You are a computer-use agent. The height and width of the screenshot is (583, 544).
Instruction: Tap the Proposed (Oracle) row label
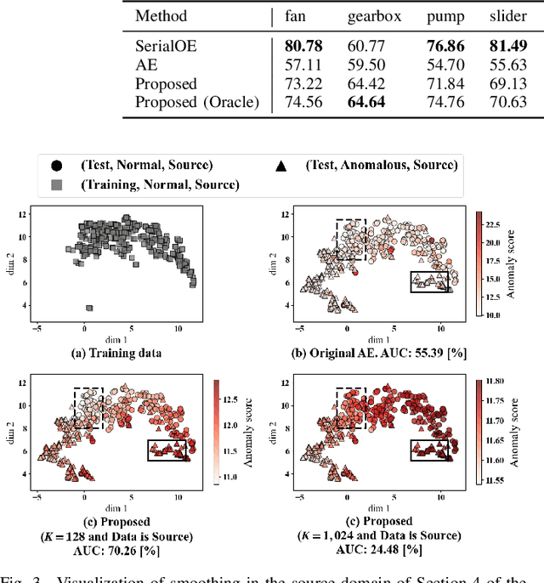(197, 103)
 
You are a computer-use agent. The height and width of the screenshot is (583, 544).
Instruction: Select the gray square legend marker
(56, 184)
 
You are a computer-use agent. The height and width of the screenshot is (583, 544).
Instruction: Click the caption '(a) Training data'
(117, 352)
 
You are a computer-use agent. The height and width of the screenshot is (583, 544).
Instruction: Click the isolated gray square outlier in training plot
(89, 308)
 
